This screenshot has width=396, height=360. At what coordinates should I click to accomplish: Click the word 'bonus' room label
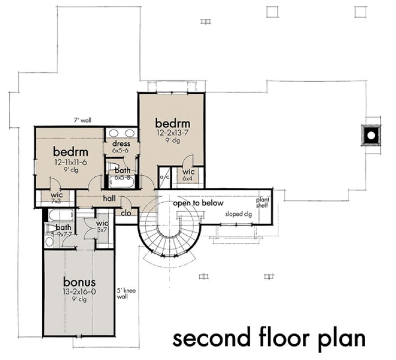point(80,282)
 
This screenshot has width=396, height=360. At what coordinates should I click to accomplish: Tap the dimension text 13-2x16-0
point(80,292)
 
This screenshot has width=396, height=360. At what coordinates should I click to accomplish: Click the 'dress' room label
point(121,144)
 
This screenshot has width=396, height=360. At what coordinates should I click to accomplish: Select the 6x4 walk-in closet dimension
point(188,178)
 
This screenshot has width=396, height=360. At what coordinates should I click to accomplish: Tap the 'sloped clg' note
point(238,215)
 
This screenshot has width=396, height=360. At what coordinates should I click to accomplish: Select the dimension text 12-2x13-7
point(169,132)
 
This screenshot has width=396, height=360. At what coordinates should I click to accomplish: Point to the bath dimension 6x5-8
point(121,176)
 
